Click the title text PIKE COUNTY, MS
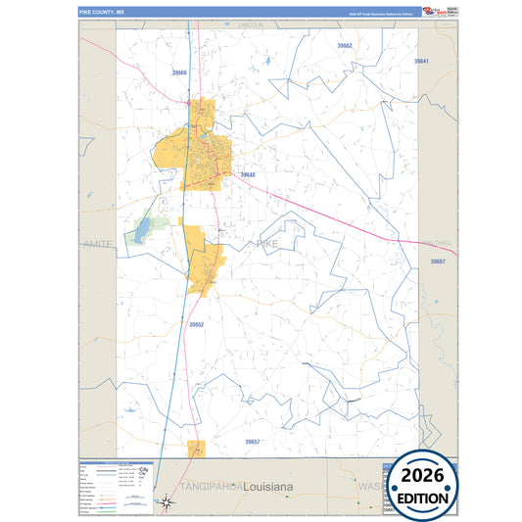(x=102, y=12)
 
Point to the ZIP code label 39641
(x=422, y=61)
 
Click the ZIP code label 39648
(x=248, y=175)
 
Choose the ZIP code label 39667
(x=438, y=262)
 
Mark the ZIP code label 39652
(x=197, y=324)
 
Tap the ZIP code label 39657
(x=253, y=442)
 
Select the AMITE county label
(x=99, y=243)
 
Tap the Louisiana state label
(x=275, y=486)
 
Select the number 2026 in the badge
(x=422, y=476)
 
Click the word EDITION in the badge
(x=422, y=498)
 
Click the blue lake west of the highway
(x=144, y=229)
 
